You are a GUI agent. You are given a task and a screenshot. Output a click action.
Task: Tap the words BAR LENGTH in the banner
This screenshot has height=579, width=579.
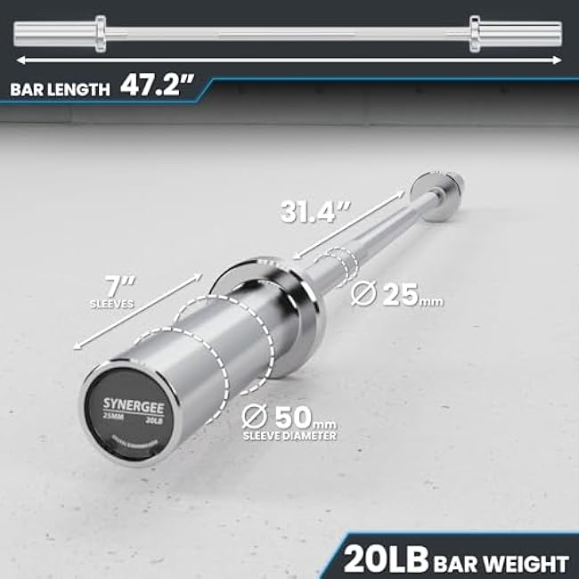point(61,89)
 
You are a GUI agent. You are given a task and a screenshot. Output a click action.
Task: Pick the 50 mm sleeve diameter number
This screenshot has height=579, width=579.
point(294,416)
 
